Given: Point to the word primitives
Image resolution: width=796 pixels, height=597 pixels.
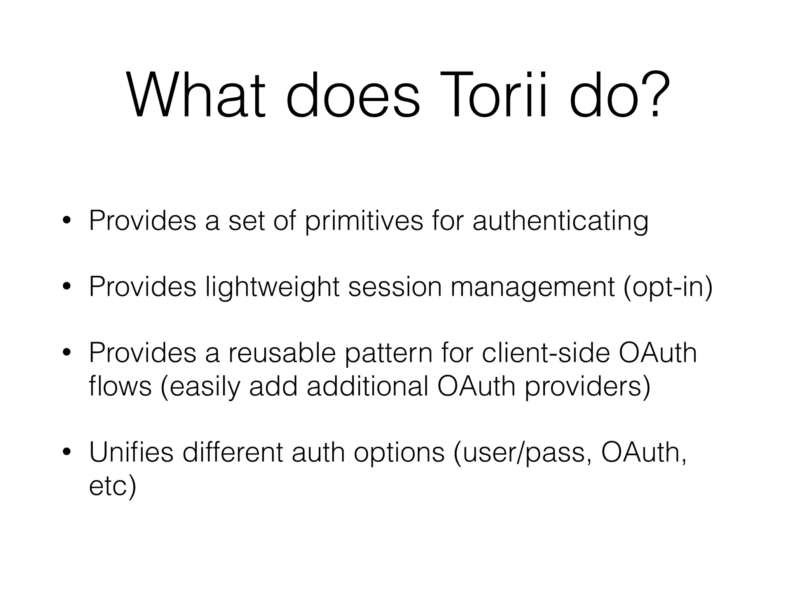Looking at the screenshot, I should pos(364,222).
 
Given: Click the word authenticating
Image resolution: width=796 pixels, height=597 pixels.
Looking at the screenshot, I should pos(560,222).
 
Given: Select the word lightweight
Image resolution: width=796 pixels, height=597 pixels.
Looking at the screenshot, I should pos(272,288).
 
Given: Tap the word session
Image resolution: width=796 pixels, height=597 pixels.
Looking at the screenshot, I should pos(395,288).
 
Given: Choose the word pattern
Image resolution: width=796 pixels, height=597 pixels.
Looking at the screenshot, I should pos(389,354).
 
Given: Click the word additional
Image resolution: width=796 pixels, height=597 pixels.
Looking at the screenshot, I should pos(367,386).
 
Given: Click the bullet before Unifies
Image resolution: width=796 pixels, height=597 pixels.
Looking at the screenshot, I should pos(67,452).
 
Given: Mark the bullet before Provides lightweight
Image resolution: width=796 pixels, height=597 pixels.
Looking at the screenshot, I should pos(67,287).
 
